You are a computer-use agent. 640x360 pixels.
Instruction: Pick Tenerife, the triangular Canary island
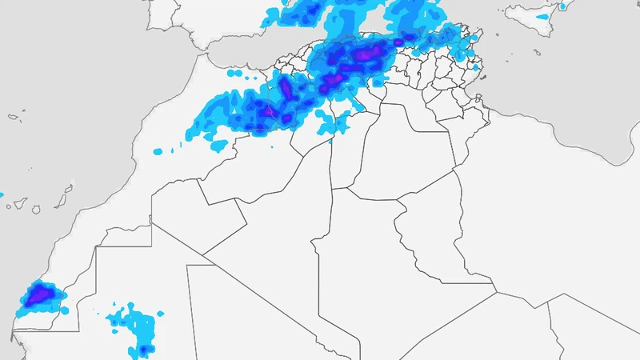pos(18,205)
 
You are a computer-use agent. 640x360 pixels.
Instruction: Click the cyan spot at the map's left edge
pos(2,195)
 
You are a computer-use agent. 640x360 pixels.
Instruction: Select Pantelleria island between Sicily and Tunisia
pos(498,34)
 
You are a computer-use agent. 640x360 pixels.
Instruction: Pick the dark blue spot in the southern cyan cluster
pos(144,349)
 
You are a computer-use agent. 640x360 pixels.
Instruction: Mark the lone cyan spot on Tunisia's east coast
pos(475,67)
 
